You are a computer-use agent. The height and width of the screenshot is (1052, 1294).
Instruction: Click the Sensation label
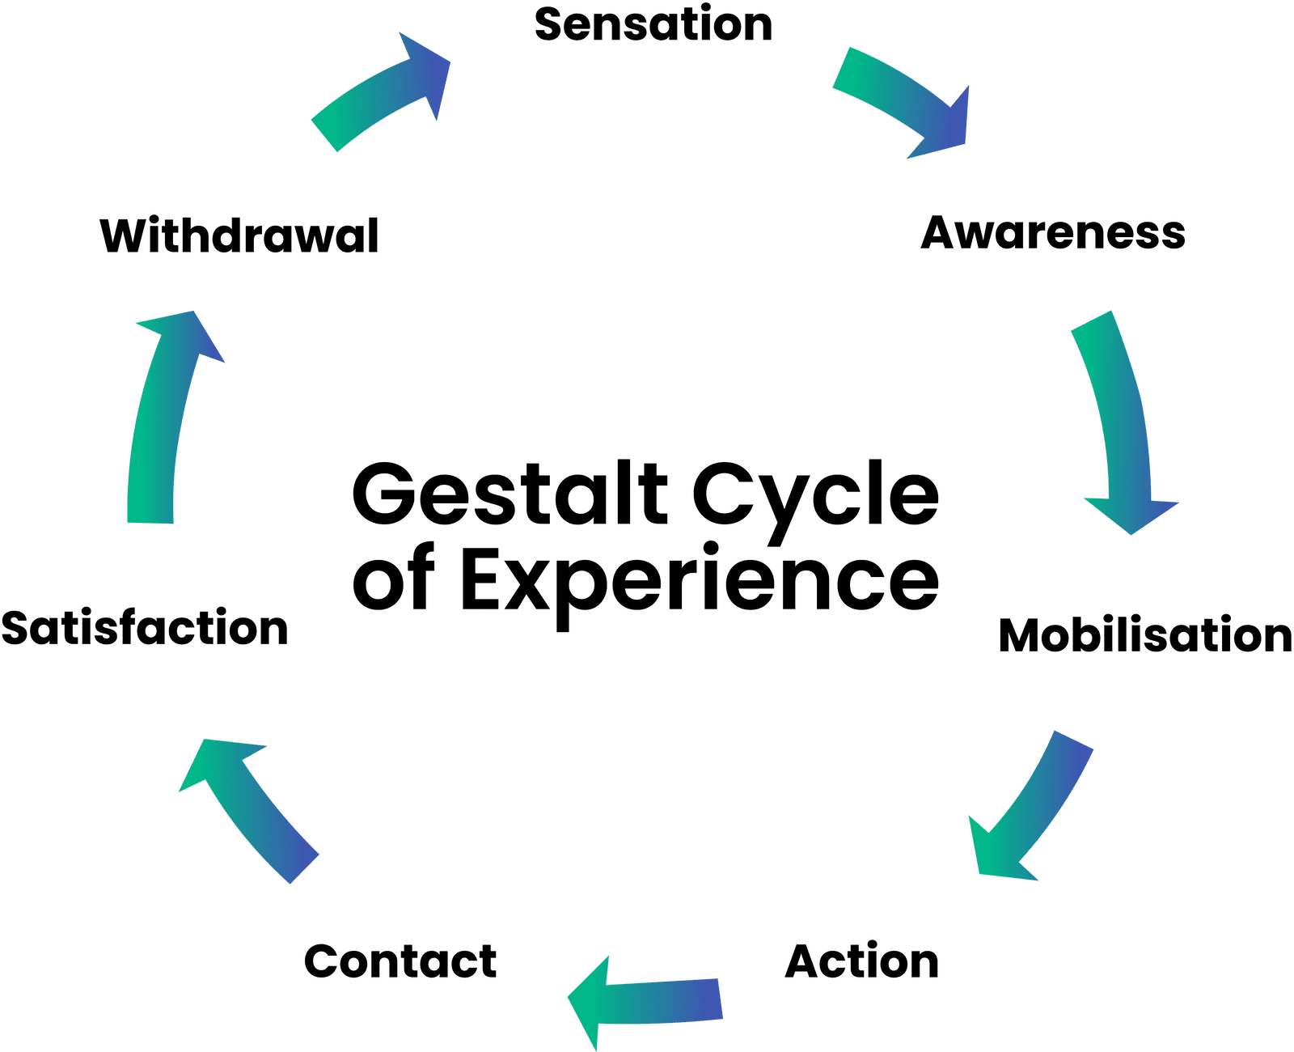[x=653, y=24]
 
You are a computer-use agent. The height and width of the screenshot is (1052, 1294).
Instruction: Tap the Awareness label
[x=1053, y=233]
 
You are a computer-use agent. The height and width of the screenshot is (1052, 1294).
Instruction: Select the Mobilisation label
[x=1144, y=635]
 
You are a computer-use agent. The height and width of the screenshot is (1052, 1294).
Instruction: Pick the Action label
[x=862, y=961]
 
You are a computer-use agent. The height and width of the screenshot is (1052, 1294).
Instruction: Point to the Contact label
[x=400, y=961]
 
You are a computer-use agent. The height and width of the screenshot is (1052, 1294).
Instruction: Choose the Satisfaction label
[x=145, y=629]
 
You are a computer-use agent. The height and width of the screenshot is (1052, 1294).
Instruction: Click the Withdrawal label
[x=239, y=236]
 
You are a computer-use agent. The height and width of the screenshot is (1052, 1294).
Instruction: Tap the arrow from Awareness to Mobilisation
[x=1120, y=421]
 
